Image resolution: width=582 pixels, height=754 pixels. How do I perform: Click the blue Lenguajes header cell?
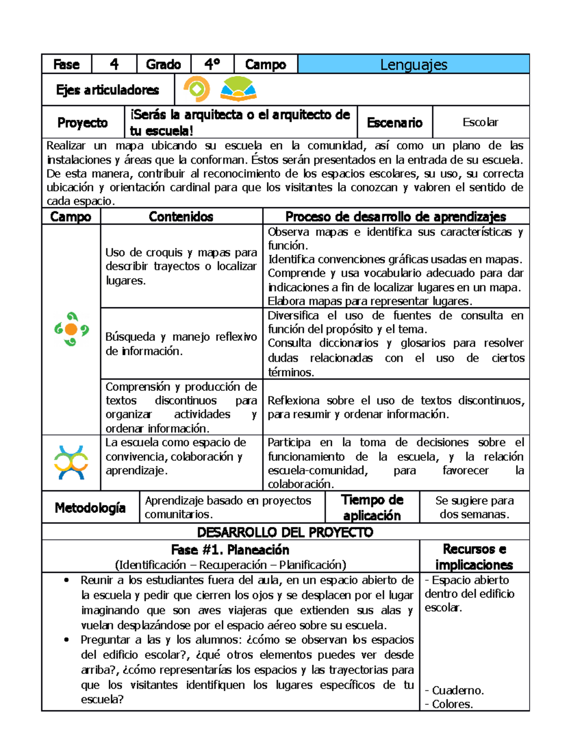click(x=413, y=65)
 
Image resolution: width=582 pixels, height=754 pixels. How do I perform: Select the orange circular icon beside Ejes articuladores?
click(x=196, y=89)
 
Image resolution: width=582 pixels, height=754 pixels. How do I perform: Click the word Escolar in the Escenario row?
click(x=480, y=122)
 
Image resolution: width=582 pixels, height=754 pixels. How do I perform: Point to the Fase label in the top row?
click(x=66, y=65)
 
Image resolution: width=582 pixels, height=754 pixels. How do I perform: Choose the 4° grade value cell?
click(x=212, y=65)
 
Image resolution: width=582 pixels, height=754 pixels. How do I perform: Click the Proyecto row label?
click(x=82, y=123)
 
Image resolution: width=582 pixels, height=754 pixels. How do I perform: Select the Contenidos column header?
click(x=181, y=217)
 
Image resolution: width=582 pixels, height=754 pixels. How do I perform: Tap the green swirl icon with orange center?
click(x=71, y=329)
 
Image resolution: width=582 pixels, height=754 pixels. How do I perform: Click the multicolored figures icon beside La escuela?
click(x=71, y=463)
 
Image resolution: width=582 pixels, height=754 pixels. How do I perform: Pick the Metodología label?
click(x=90, y=508)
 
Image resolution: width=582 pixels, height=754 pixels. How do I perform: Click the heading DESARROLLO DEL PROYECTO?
click(x=285, y=532)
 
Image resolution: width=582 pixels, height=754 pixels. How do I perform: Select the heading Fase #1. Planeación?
click(x=230, y=550)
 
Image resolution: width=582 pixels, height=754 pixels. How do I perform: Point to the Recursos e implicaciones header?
click(x=474, y=557)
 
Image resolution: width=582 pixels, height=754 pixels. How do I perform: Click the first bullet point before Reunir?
click(x=66, y=580)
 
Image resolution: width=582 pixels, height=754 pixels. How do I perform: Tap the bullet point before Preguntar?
click(x=66, y=640)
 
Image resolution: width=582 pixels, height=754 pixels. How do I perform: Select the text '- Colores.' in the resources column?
click(x=449, y=704)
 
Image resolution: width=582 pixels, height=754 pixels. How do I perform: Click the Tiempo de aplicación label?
click(x=372, y=507)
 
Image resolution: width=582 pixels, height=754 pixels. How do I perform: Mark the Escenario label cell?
click(x=394, y=123)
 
